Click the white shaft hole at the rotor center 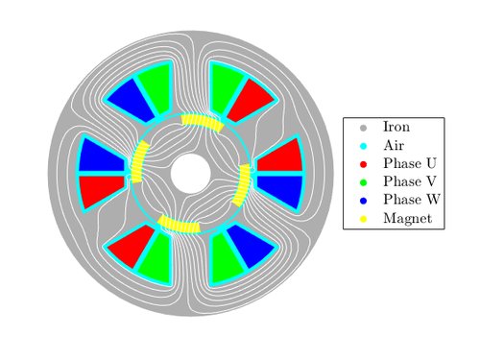[190, 174]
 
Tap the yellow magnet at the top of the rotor [203, 122]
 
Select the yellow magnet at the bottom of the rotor [180, 224]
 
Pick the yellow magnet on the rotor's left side [140, 162]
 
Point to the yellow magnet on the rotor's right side [242, 185]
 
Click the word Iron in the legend [396, 127]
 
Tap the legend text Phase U [410, 163]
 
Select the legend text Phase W [412, 200]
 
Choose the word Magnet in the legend [408, 218]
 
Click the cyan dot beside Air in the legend [363, 146]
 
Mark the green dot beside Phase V [363, 182]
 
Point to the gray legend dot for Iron [363, 128]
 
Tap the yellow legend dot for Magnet [363, 219]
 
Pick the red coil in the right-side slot [282, 156]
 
